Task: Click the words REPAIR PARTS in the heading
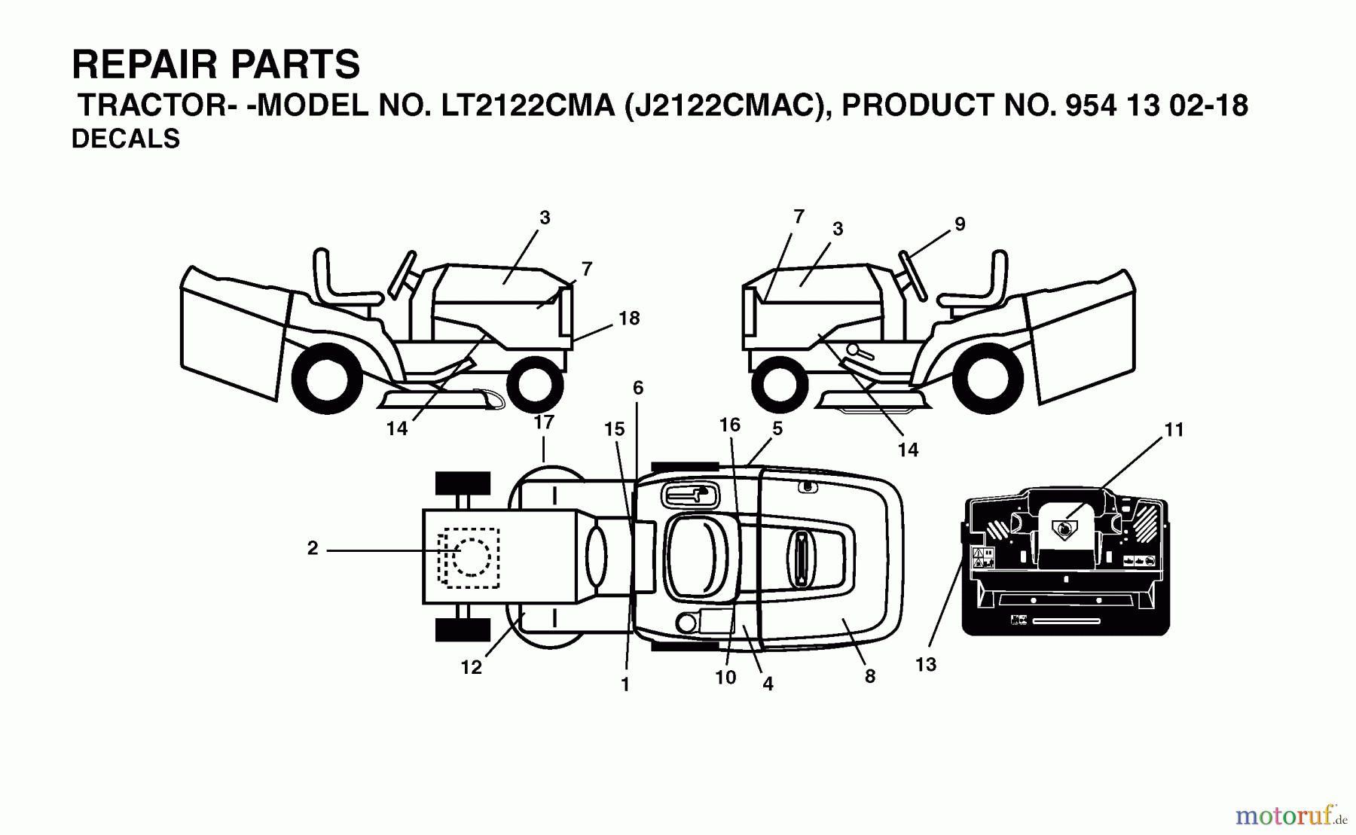215,65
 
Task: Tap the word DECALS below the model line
126,139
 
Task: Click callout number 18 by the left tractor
629,318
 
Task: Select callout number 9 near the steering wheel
959,224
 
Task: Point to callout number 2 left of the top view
313,549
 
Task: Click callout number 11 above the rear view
1174,430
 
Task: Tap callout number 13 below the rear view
926,665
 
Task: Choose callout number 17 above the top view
544,422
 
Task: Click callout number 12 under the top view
472,667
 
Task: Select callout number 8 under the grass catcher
870,677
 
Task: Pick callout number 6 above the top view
638,389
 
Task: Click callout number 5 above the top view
777,428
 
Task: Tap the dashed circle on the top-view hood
471,557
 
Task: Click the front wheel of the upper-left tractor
535,382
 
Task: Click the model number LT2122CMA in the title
527,106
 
